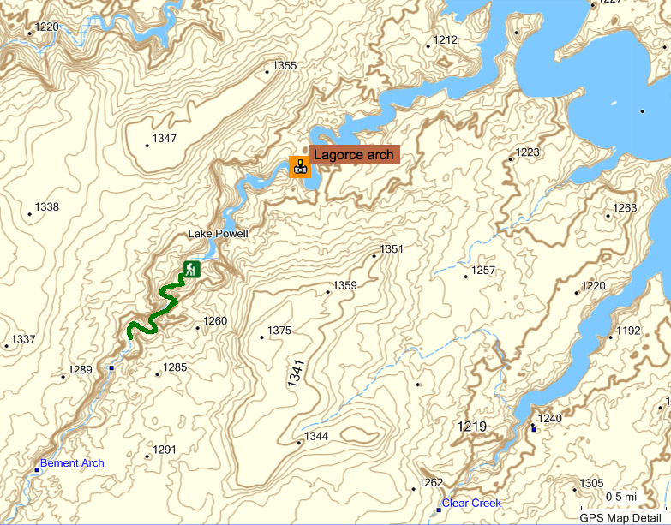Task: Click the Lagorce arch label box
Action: [x=354, y=155]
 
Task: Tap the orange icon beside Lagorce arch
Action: [x=299, y=166]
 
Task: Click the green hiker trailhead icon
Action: [x=191, y=270]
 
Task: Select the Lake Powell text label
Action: [x=218, y=234]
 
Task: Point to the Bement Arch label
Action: [x=72, y=463]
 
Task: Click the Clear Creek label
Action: [x=471, y=503]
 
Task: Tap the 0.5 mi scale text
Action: [x=621, y=497]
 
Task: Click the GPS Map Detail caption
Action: [x=621, y=517]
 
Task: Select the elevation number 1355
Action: [x=285, y=66]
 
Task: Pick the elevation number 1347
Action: [x=164, y=139]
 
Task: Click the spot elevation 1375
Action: [x=279, y=331]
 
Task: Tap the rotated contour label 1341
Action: [x=296, y=376]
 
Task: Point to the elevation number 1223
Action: [x=528, y=152]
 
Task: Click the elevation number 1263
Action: [x=626, y=208]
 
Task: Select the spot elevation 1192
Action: [x=628, y=331]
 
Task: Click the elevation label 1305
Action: [x=592, y=483]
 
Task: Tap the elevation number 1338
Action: [x=46, y=207]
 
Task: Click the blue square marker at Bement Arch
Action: [x=37, y=470]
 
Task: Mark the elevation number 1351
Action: [x=391, y=249]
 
